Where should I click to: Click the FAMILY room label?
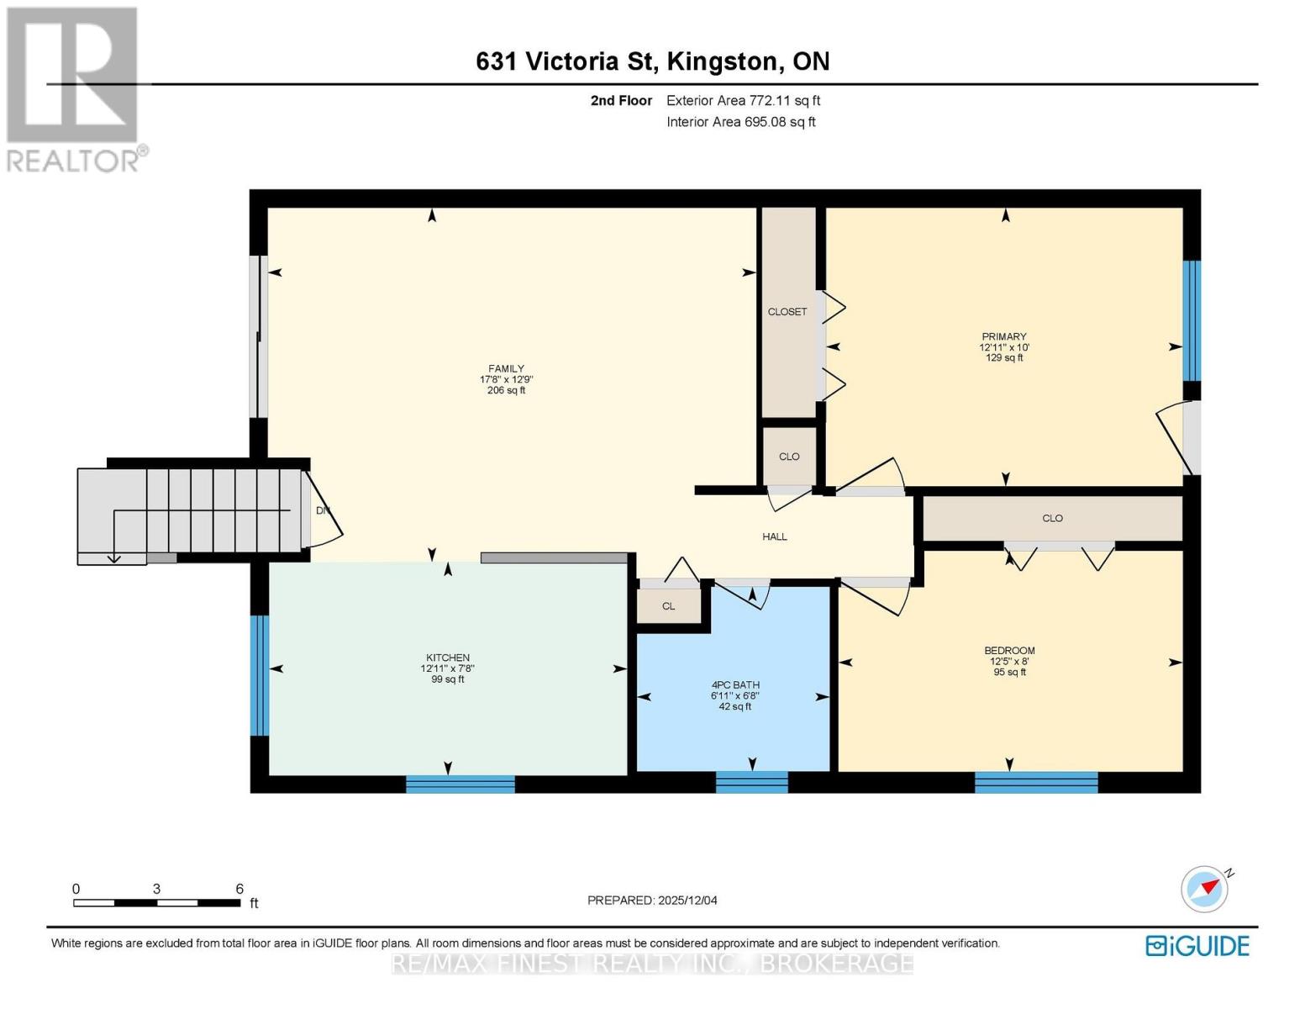506,368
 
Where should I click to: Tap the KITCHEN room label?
447,658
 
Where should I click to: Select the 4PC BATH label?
734,684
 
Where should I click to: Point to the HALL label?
774,536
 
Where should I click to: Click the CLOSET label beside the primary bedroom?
787,312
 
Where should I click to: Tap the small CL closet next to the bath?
668,605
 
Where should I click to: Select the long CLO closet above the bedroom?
1052,518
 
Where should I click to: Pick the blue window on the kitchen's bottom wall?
460,784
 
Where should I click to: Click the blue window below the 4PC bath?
751,782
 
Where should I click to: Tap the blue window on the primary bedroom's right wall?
1192,320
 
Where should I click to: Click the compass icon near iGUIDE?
1204,889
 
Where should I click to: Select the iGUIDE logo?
1197,945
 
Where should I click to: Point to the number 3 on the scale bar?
156,889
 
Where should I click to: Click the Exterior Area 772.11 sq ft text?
743,101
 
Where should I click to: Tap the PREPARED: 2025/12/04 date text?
652,901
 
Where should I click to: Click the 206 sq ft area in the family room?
506,390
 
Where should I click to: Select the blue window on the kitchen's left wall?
260,675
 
